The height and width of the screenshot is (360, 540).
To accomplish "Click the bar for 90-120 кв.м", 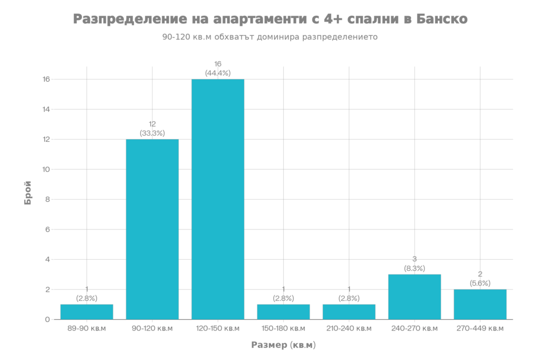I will [152, 229].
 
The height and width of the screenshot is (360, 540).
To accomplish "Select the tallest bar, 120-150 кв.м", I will [218, 199].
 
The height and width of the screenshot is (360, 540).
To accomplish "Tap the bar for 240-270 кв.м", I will [414, 297].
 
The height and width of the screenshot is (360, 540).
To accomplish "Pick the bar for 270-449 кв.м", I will [480, 304].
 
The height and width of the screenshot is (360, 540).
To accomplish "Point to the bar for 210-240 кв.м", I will [349, 312].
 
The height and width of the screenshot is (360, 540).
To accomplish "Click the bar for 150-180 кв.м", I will [283, 312].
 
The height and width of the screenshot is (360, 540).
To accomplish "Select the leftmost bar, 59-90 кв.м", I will [87, 312].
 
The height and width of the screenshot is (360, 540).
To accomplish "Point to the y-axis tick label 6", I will [47, 230].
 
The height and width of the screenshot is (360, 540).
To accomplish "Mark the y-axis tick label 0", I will [47, 319].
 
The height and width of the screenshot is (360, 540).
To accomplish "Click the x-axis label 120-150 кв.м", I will [218, 328].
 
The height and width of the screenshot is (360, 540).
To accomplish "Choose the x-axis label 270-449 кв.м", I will [480, 328].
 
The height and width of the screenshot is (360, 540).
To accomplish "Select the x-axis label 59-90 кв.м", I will [87, 328].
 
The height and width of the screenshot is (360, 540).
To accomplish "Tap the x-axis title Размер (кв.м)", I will [283, 345].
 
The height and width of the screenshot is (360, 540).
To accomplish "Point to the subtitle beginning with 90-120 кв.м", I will [270, 38].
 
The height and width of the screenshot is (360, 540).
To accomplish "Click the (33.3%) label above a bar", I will [152, 133].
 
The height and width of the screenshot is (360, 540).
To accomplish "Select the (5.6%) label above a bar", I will [480, 284].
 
